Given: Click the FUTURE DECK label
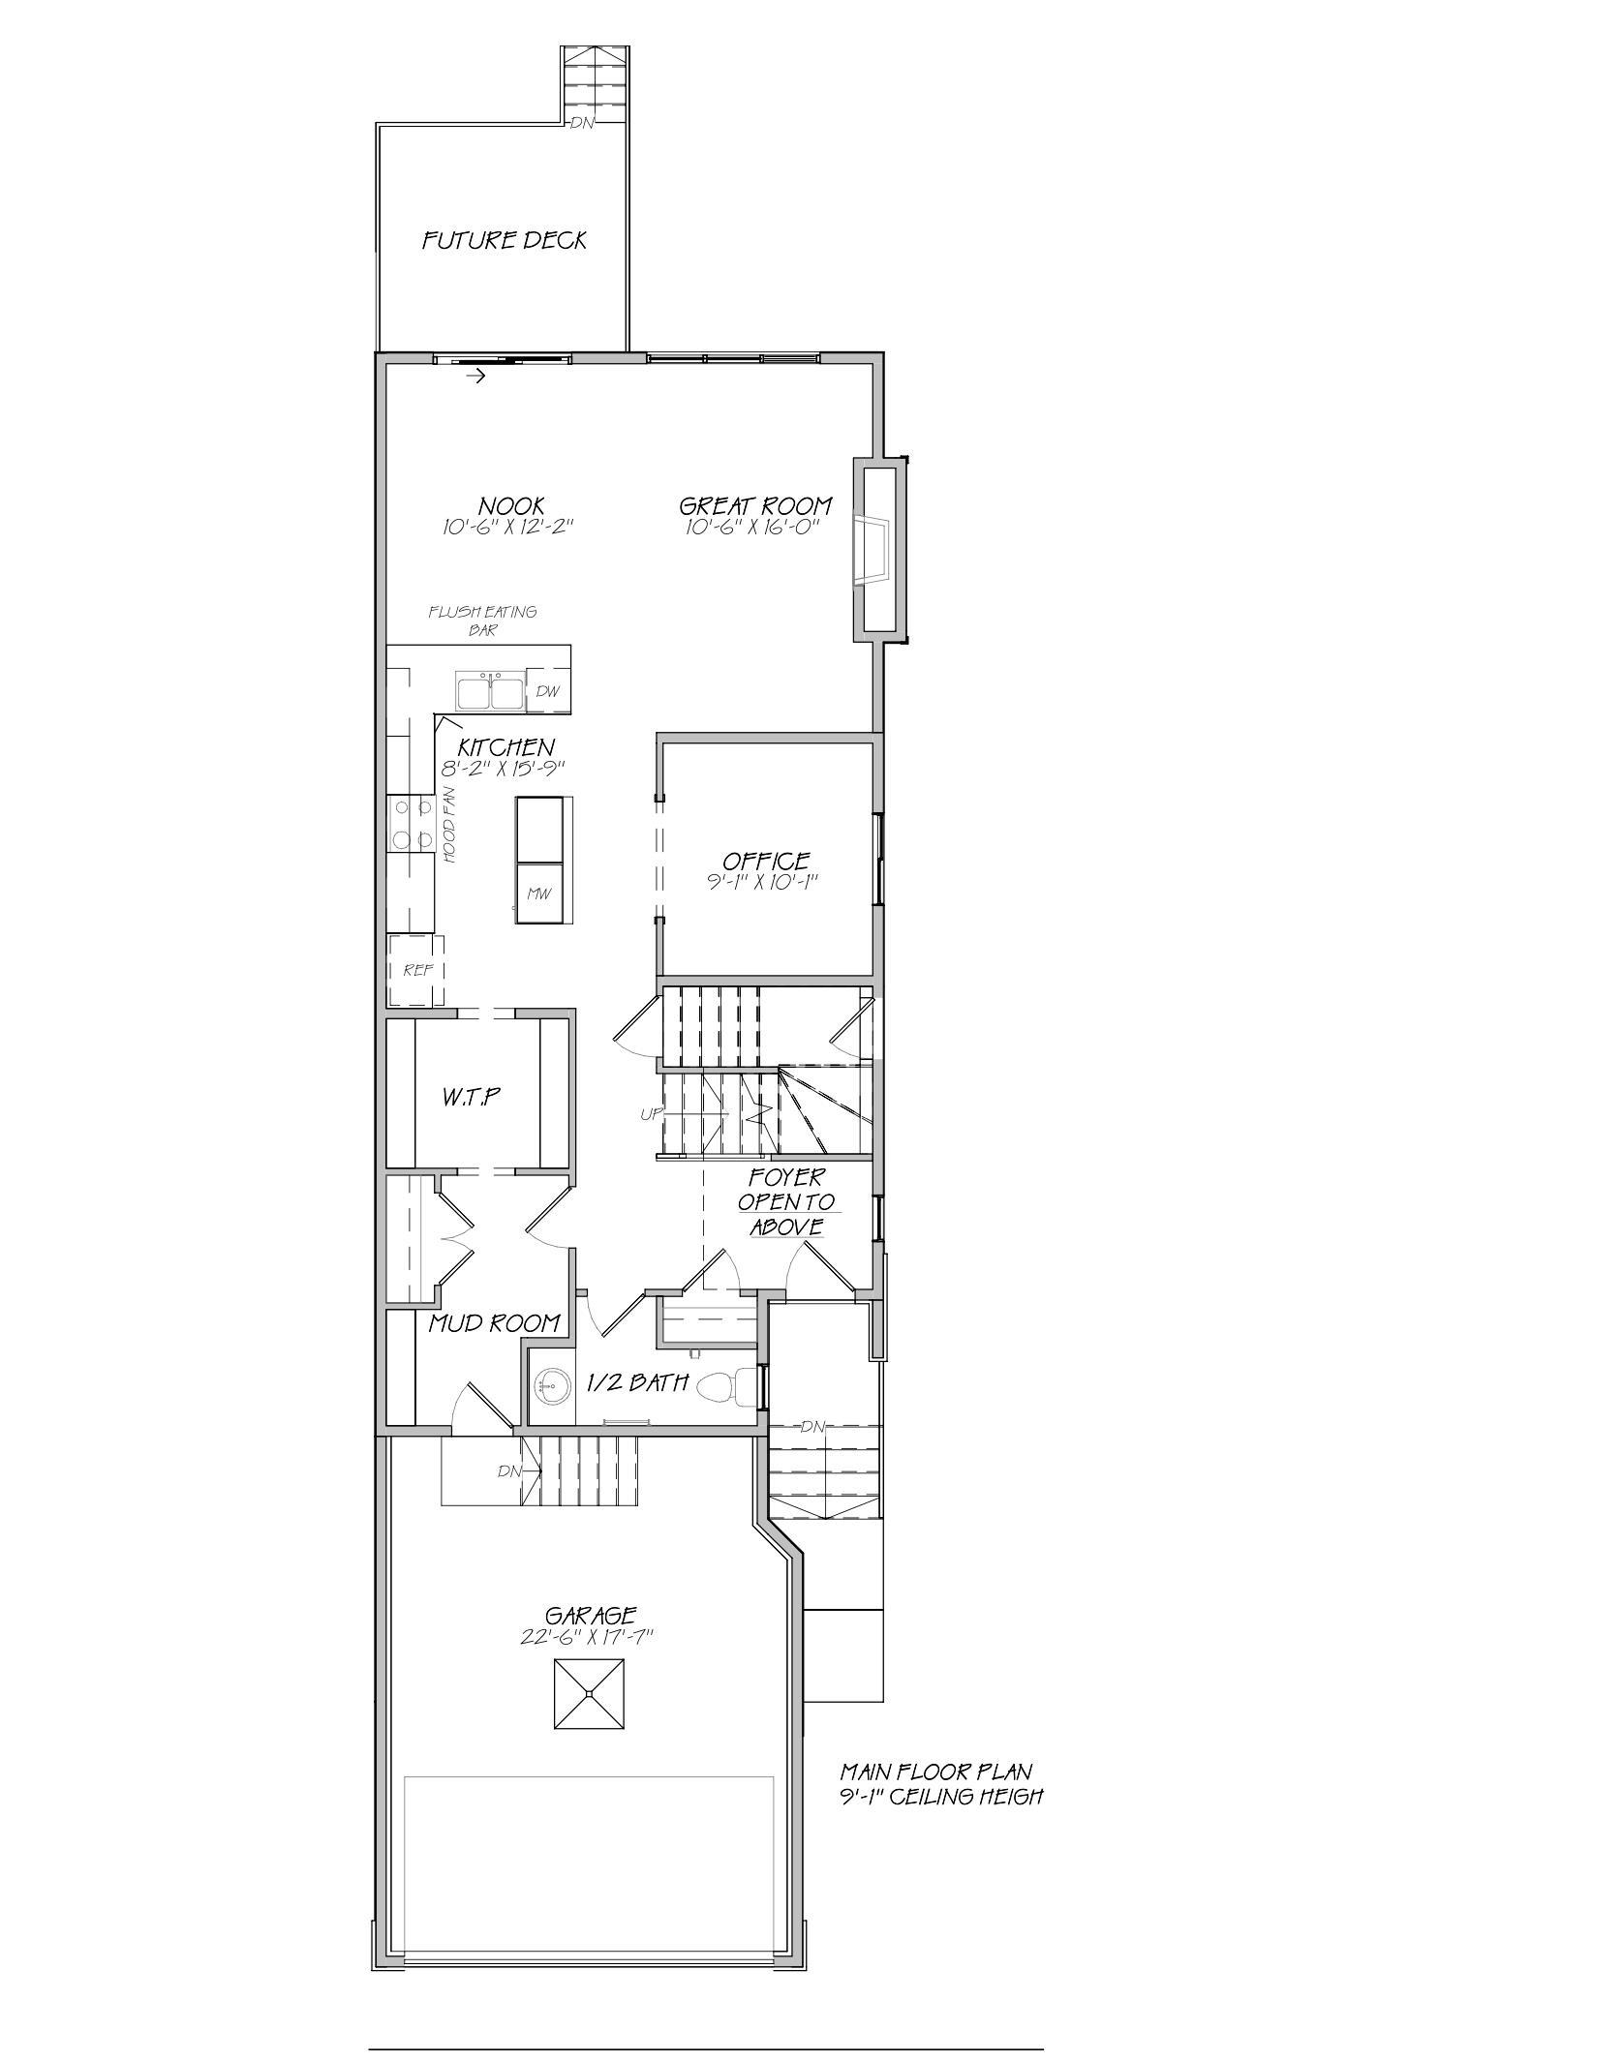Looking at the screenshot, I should (x=505, y=240).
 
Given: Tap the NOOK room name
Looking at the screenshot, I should (x=511, y=505).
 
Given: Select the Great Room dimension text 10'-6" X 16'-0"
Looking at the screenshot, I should (x=754, y=528).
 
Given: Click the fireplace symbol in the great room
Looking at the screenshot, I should (x=871, y=550).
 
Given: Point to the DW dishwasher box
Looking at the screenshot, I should (x=548, y=691).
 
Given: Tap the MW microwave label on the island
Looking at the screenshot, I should (x=538, y=894).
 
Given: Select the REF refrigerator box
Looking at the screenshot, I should (x=417, y=970).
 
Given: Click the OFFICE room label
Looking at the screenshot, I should (x=766, y=861).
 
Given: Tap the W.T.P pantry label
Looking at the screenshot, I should (x=472, y=1097).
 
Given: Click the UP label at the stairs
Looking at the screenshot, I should (x=651, y=1114).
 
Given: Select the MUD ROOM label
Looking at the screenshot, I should (x=495, y=1322).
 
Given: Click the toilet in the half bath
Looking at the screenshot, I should (x=721, y=1387).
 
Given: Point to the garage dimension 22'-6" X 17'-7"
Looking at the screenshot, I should (x=588, y=1637).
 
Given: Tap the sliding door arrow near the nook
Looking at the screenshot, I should (x=475, y=377).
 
